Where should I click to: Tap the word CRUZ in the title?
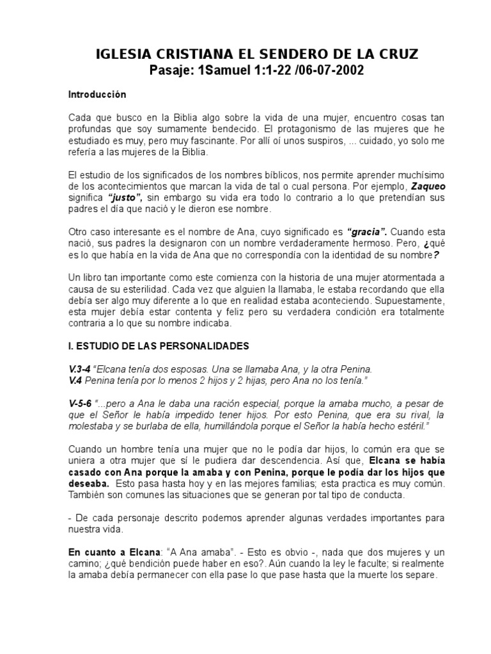click(394, 56)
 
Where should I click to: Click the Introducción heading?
click(97, 95)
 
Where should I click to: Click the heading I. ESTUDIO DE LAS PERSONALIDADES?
click(159, 346)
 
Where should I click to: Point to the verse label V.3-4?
click(79, 369)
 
